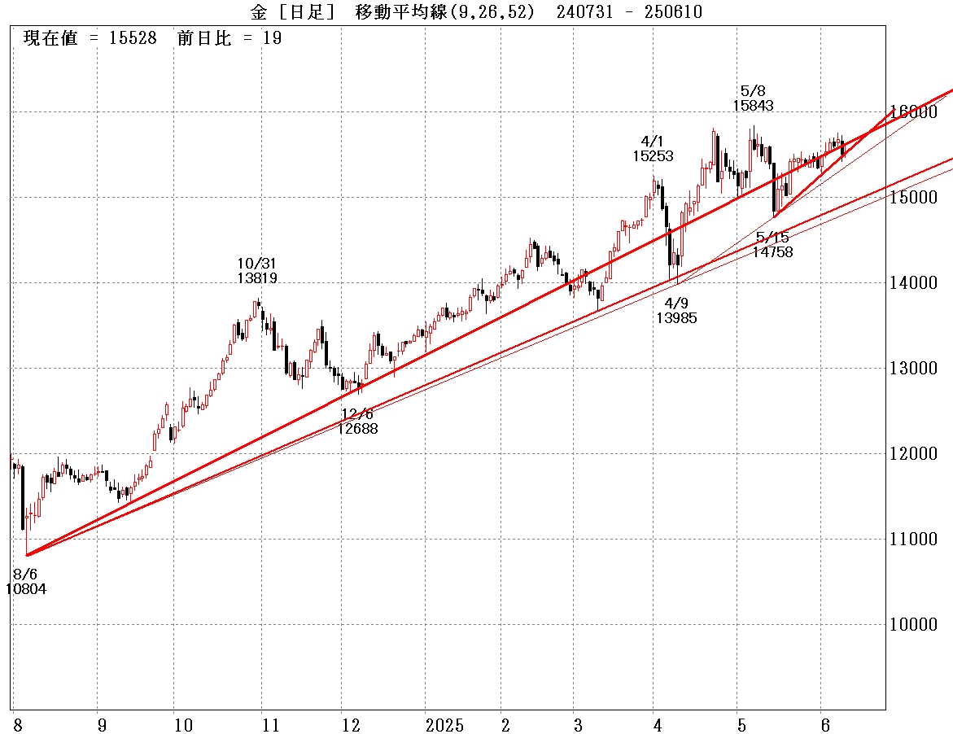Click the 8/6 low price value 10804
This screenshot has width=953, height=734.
pyautogui.click(x=26, y=588)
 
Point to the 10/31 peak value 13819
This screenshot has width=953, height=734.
pyautogui.click(x=257, y=278)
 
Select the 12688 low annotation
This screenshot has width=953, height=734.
pyautogui.click(x=358, y=428)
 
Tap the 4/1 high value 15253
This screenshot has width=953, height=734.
pyautogui.click(x=653, y=156)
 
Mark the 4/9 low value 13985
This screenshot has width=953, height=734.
pyautogui.click(x=676, y=318)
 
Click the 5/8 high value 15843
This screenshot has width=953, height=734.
pyautogui.click(x=753, y=105)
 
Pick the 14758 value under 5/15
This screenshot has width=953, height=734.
pyautogui.click(x=772, y=252)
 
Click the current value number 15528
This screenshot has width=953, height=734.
pyautogui.click(x=132, y=38)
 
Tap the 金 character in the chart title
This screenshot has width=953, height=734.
pyautogui.click(x=258, y=11)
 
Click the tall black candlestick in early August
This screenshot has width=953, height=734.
pyautogui.click(x=22, y=498)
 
